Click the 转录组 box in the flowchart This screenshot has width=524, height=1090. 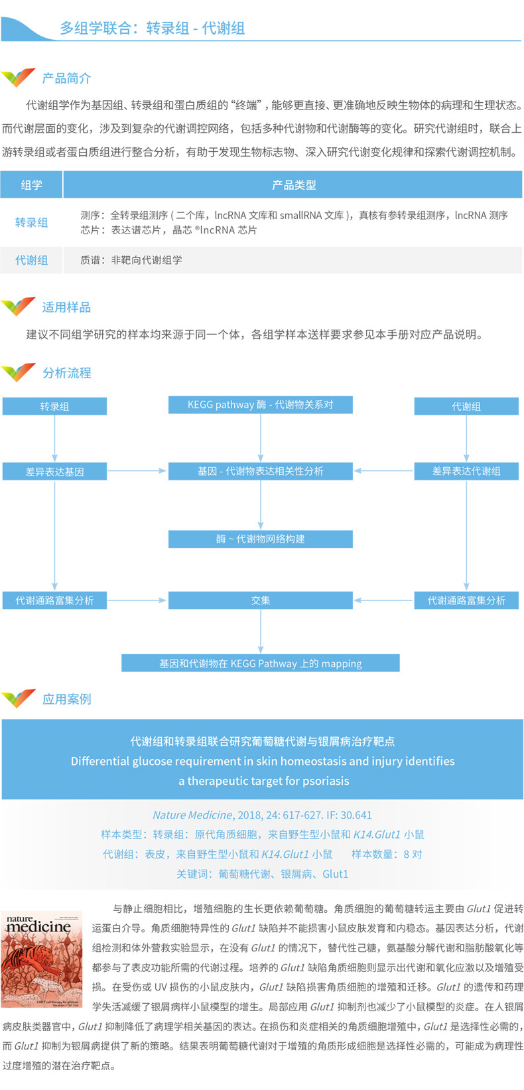click(54, 407)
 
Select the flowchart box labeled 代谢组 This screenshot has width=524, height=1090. click(466, 407)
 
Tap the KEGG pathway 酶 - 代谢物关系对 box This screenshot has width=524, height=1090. click(260, 405)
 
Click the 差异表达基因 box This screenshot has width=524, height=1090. click(54, 472)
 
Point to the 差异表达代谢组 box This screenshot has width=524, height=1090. click(466, 472)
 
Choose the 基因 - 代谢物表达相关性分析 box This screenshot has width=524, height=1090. click(260, 471)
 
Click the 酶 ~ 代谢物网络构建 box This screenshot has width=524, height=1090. click(260, 539)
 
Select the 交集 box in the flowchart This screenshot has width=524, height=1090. click(260, 600)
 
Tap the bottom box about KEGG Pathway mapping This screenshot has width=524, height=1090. click(260, 663)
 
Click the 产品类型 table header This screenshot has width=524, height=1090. click(293, 185)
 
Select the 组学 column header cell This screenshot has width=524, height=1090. click(31, 185)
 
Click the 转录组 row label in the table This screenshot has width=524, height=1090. click(31, 223)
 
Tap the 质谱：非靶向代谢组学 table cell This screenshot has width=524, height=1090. click(131, 260)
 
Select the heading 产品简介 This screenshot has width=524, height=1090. click(66, 78)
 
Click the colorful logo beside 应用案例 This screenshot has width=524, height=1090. click(19, 699)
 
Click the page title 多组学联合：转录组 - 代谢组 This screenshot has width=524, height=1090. click(153, 29)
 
